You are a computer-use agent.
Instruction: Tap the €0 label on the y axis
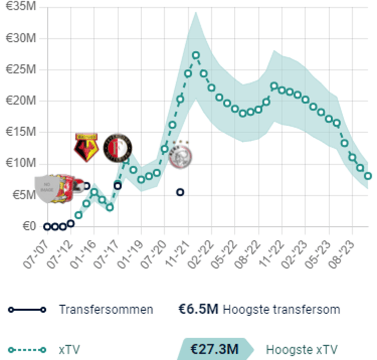pos(29,226)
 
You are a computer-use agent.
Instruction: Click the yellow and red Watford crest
pos(85,147)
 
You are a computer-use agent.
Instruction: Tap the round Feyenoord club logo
pos(118,148)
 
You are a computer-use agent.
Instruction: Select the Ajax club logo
pos(179,155)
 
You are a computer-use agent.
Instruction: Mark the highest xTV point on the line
pos(196,55)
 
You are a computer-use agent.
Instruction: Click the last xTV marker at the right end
pos(367,176)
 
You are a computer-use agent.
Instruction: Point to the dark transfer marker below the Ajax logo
pos(180,192)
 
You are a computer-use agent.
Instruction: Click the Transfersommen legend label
pos(106,309)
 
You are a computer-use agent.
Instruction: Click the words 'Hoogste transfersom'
pos(281,309)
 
